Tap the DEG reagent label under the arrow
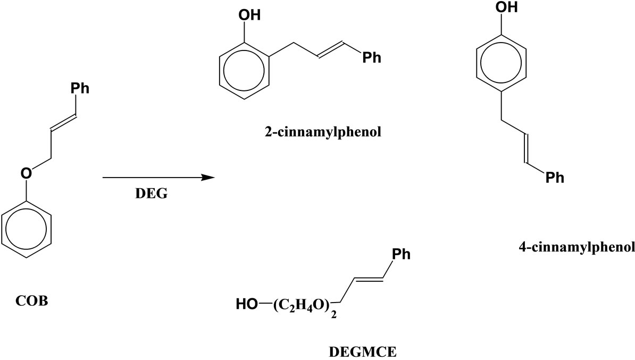(x=151, y=194)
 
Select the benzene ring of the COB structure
(x=27, y=233)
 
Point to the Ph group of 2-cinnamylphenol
(x=372, y=57)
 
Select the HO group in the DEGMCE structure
(x=247, y=305)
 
